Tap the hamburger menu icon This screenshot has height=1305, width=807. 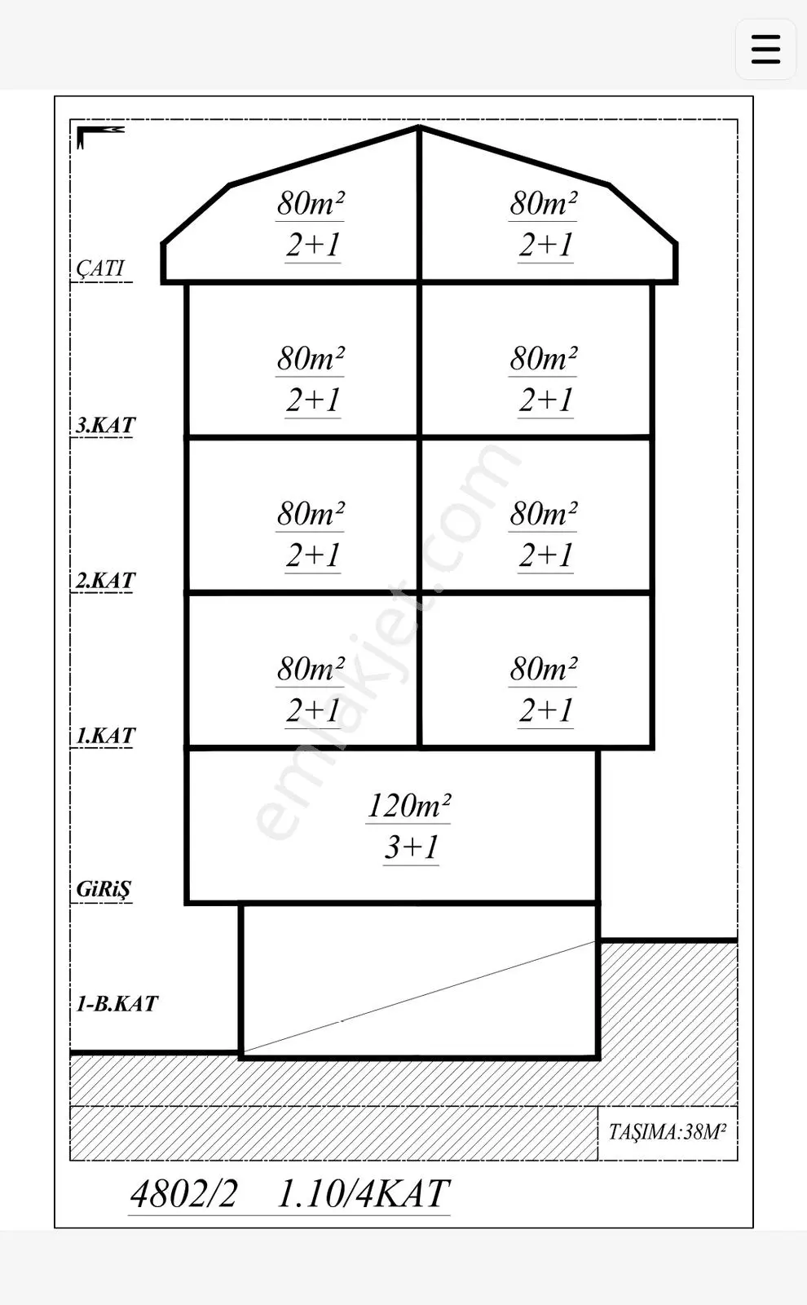(x=765, y=49)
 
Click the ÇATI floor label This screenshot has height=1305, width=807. (x=100, y=268)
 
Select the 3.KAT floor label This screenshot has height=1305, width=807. (x=105, y=425)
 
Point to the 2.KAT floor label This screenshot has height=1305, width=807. (x=105, y=580)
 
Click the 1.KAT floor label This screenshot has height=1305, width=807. (x=105, y=735)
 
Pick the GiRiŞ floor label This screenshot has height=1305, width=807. (x=104, y=889)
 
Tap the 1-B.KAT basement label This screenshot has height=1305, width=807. (x=117, y=1003)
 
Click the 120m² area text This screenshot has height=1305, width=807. (x=408, y=805)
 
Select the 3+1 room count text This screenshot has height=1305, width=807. (x=411, y=847)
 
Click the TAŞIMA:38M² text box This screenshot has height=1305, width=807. (x=668, y=1132)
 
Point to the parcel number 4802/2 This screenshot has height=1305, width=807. (x=183, y=1193)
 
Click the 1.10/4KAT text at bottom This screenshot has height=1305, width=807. (x=364, y=1193)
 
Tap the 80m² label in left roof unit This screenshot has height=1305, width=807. (x=311, y=203)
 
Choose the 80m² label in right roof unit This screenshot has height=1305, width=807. (x=543, y=203)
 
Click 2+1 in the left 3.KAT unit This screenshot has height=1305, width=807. (x=313, y=400)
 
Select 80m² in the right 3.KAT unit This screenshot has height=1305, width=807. (x=543, y=358)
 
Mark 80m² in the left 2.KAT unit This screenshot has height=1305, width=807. (x=311, y=513)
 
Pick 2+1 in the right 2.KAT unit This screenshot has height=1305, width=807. (x=545, y=555)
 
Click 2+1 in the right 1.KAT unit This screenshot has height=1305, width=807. (x=545, y=710)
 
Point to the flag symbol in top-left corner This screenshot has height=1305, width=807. (x=99, y=136)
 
